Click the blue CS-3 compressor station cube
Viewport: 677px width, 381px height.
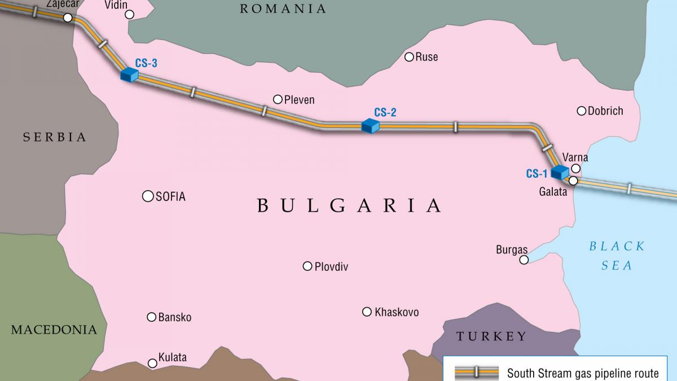point(129,75)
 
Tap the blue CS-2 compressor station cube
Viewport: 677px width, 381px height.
point(370,125)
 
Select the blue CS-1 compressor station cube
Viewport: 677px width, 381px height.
point(560,172)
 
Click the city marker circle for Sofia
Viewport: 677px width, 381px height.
point(148,196)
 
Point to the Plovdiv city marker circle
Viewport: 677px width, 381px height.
point(307,266)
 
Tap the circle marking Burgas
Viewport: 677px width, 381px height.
point(524,260)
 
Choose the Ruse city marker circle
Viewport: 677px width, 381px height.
point(409,56)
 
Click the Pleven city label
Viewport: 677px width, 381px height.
point(299,100)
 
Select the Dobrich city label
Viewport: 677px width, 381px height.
point(605,111)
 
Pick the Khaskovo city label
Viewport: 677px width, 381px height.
point(397,312)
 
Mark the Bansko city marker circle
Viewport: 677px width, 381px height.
point(151,317)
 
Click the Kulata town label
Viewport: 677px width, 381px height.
point(172,358)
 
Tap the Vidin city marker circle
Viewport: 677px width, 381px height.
point(130,15)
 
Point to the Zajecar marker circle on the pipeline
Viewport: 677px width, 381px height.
point(68,18)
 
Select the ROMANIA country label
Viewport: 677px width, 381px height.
point(283,8)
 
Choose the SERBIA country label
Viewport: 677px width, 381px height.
point(54,137)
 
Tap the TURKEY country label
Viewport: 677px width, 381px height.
point(491,337)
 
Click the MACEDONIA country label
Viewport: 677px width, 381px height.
point(54,330)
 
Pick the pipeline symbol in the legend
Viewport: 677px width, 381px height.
point(477,372)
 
